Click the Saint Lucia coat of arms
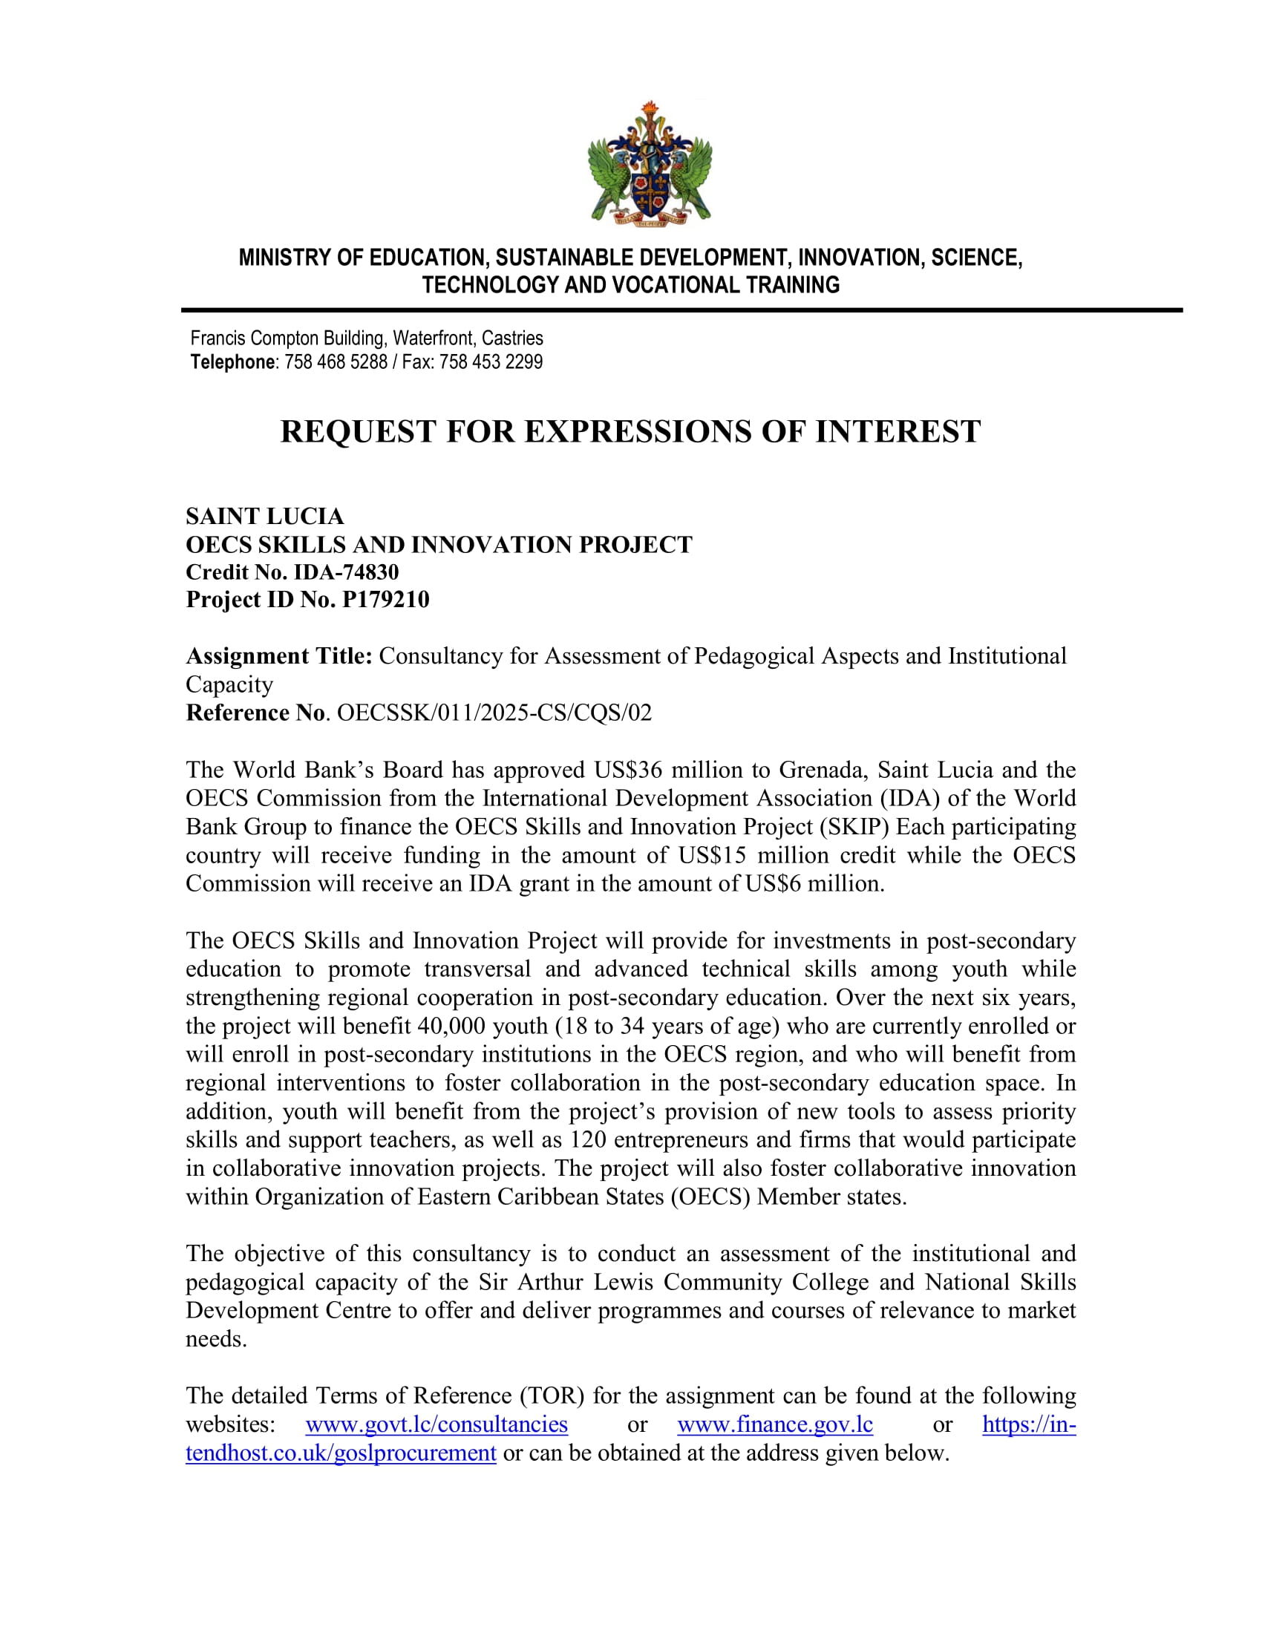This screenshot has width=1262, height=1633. (x=650, y=163)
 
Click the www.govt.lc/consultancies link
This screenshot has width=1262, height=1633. (x=437, y=1424)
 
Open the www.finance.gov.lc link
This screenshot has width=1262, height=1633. (x=774, y=1424)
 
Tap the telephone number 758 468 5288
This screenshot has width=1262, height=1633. (x=336, y=363)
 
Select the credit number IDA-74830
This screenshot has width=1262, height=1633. (x=345, y=572)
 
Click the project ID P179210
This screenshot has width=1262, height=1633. (x=385, y=600)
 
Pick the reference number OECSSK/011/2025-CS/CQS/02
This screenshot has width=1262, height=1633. (x=494, y=713)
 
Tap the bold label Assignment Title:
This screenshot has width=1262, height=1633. (x=279, y=655)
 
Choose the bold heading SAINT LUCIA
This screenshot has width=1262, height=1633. (x=265, y=516)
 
